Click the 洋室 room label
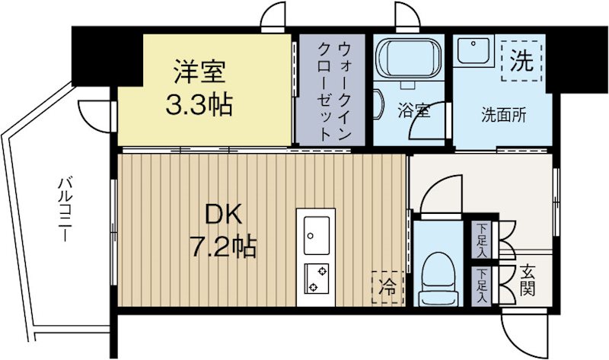pyautogui.click(x=200, y=74)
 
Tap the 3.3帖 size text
pyautogui.click(x=200, y=104)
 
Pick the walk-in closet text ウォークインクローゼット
pyautogui.click(x=333, y=91)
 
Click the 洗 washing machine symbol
pyautogui.click(x=522, y=61)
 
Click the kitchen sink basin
pyautogui.click(x=317, y=234)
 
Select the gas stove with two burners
pyautogui.click(x=317, y=279)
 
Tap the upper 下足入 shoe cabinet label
pyautogui.click(x=482, y=239)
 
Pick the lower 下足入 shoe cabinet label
pyautogui.click(x=482, y=285)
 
